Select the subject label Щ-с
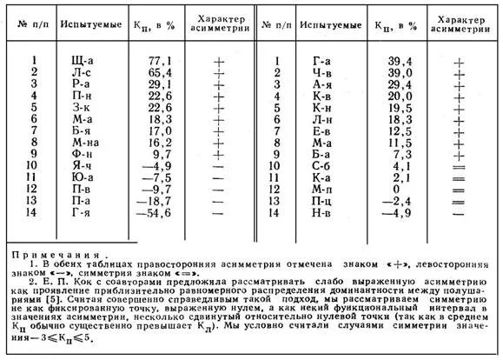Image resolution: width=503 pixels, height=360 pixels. click(x=83, y=60)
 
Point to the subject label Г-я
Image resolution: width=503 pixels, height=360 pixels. click(x=83, y=212)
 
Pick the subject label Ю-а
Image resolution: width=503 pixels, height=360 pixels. click(x=83, y=177)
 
